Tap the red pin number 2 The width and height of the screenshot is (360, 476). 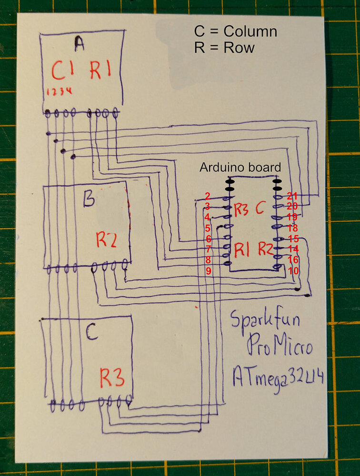pyautogui.click(x=208, y=196)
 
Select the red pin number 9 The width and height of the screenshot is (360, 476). pyautogui.click(x=208, y=271)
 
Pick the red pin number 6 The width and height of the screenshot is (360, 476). pyautogui.click(x=208, y=238)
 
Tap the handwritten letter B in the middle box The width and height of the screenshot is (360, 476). pyautogui.click(x=89, y=200)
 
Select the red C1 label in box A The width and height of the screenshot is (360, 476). pyautogui.click(x=63, y=72)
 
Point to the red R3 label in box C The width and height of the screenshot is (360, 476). pyautogui.click(x=112, y=379)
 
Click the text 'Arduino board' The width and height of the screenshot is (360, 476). pyautogui.click(x=240, y=168)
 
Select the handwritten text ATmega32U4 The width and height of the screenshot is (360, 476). pyautogui.click(x=279, y=379)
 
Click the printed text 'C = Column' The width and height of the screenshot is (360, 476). pyautogui.click(x=235, y=32)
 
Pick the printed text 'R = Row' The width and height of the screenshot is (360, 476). pyautogui.click(x=224, y=48)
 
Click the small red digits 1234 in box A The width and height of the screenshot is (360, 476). pyautogui.click(x=59, y=91)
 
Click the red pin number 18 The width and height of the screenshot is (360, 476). pyautogui.click(x=292, y=228)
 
